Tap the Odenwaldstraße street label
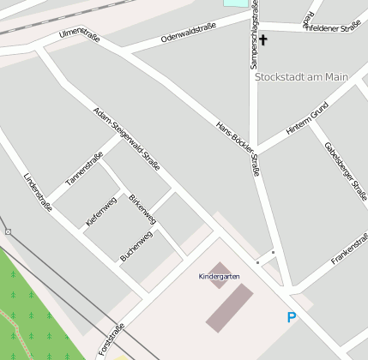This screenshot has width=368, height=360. pos(187,34)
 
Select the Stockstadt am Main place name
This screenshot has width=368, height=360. pos(301,76)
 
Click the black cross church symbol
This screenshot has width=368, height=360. pos(263,39)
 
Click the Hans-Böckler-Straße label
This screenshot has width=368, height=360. pos(238,146)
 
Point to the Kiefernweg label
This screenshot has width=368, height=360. pos(101,212)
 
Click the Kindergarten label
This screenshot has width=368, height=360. pos(219,276)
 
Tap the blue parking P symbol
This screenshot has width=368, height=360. pos(292,318)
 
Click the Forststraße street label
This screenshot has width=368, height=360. pos(112,339)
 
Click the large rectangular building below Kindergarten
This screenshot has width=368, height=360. pos(229,308)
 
